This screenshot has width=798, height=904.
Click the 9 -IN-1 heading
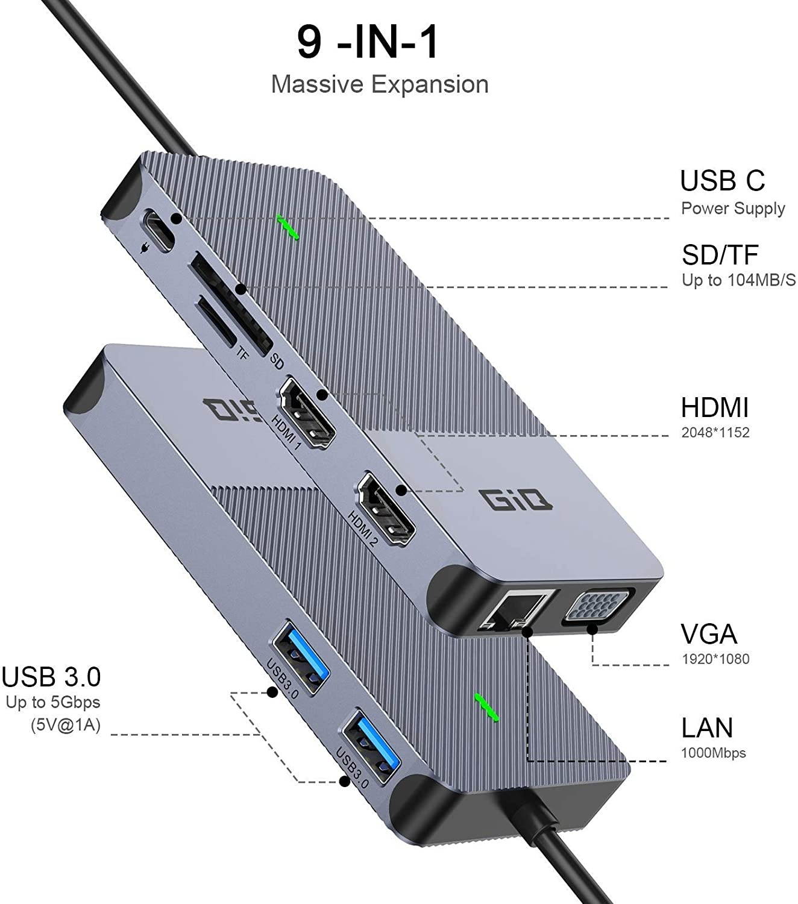368,42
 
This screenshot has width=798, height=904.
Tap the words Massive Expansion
380,84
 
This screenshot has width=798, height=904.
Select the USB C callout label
722,181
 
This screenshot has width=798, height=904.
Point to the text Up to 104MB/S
738,280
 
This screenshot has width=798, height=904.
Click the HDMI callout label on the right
714,408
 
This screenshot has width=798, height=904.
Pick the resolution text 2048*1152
715,433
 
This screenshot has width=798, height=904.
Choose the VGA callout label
709,634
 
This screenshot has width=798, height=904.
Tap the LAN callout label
707,728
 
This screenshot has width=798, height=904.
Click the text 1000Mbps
713,753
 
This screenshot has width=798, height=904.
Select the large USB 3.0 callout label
51,677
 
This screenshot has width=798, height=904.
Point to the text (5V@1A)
66,725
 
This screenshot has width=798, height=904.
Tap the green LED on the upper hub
288,227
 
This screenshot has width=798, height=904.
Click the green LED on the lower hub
486,707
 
